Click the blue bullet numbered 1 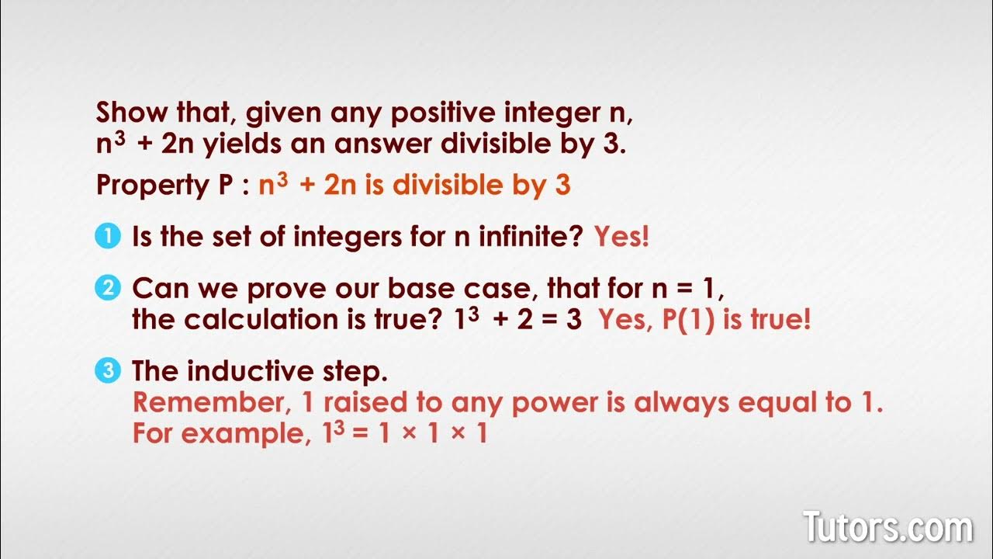109,236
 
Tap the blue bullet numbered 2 109,289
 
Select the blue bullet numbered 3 109,371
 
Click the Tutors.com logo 887,528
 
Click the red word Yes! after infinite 621,237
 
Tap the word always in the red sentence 682,403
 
